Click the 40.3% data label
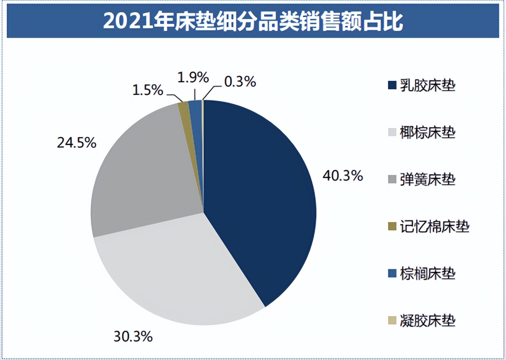(x=342, y=175)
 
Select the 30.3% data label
(x=133, y=337)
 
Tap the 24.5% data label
(x=77, y=143)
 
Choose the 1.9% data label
(x=193, y=78)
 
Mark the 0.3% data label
(x=240, y=82)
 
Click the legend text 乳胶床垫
(x=428, y=86)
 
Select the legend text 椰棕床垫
(x=428, y=133)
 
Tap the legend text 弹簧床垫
(x=428, y=180)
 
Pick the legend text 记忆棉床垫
(x=434, y=227)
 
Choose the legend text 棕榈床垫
(x=428, y=274)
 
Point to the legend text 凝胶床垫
(x=428, y=321)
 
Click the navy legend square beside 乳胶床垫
(x=392, y=87)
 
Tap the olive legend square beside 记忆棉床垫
(x=392, y=227)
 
